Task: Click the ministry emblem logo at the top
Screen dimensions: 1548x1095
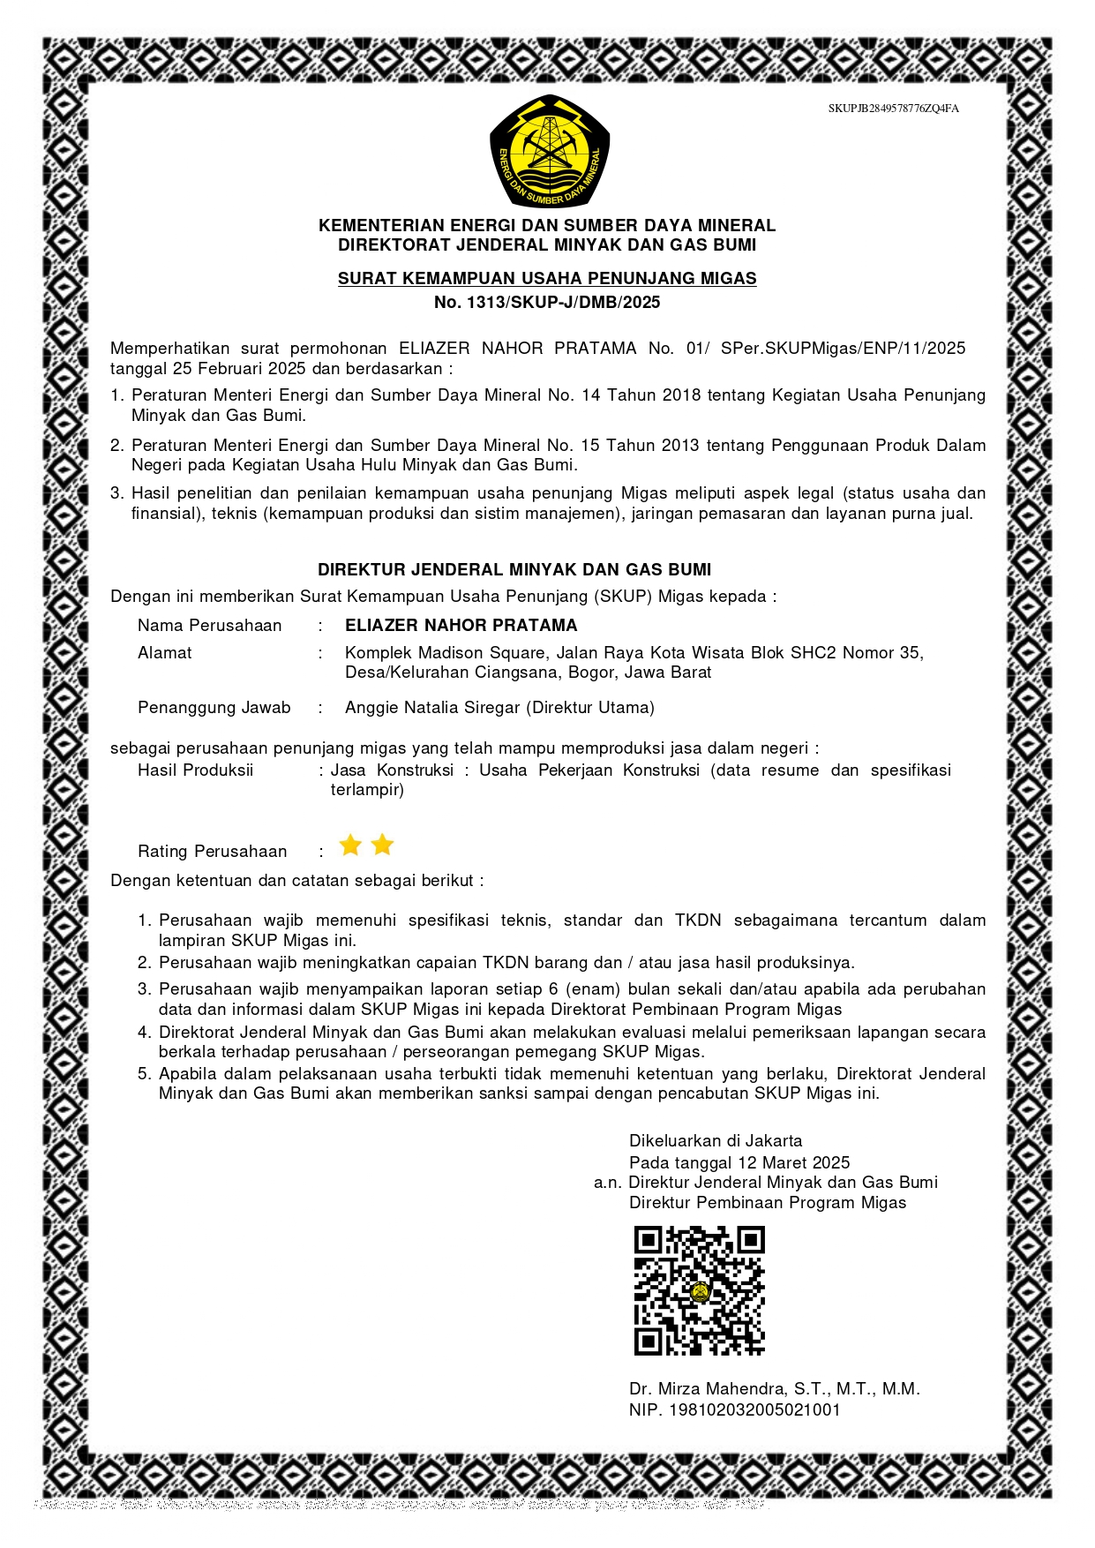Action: (550, 151)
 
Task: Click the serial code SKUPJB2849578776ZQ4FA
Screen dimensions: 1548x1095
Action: (893, 109)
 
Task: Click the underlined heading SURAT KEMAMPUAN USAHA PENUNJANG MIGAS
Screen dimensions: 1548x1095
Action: (547, 279)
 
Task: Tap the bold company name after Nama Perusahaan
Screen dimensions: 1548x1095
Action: (461, 626)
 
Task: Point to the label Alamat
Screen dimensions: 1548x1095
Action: (164, 653)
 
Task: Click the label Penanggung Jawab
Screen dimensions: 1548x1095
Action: (214, 708)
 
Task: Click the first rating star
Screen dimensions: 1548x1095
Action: (350, 845)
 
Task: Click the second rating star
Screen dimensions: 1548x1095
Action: (382, 845)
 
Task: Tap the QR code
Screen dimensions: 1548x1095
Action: (699, 1290)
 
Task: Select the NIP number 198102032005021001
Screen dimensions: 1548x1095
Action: (754, 1410)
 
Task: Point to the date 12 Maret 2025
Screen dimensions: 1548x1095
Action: (794, 1163)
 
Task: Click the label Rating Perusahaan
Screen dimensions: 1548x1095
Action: (212, 852)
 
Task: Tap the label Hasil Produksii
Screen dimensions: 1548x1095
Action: (195, 770)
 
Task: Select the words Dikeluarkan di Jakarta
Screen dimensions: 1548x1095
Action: (716, 1141)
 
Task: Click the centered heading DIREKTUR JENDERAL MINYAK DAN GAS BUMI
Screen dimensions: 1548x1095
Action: (514, 570)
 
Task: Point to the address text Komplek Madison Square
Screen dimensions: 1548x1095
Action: (445, 653)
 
